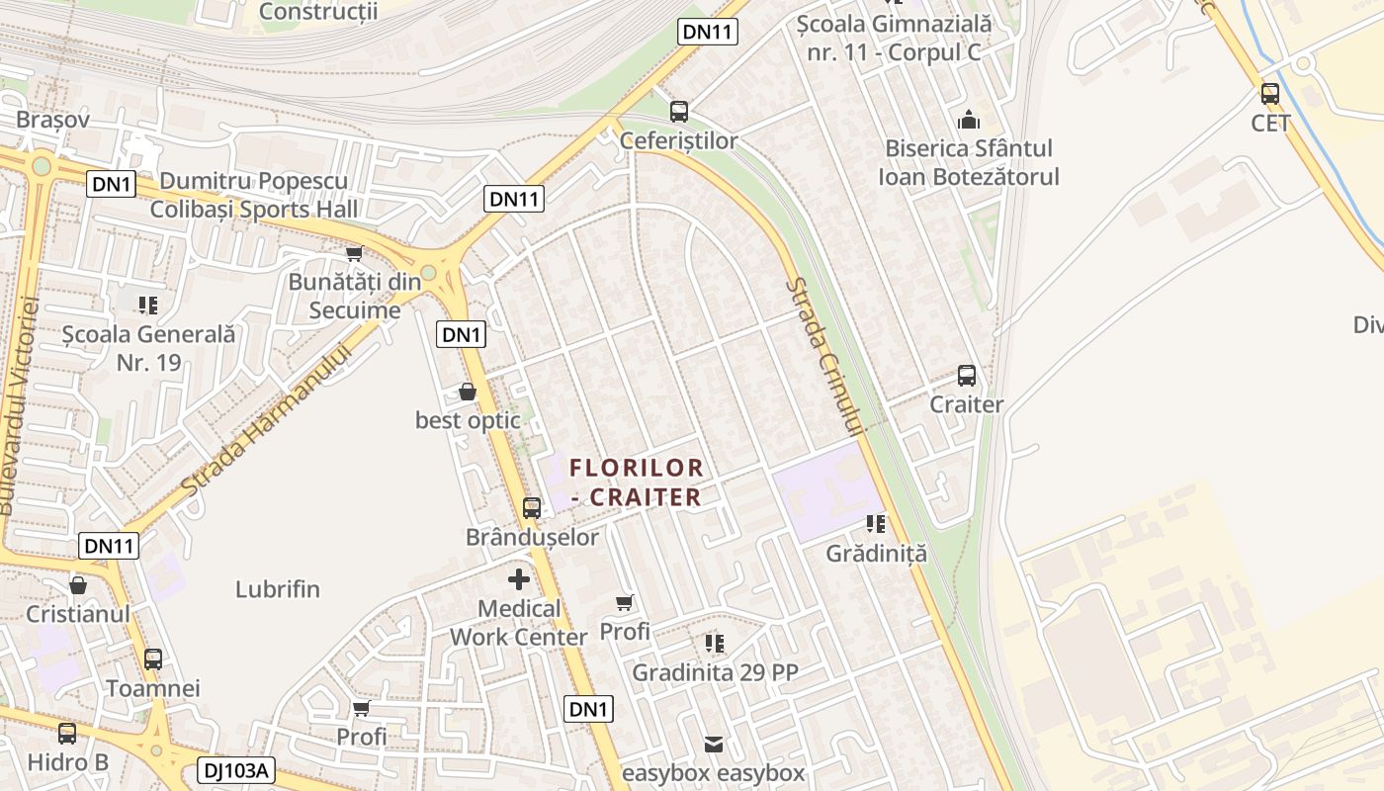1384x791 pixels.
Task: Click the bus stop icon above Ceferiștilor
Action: click(x=679, y=112)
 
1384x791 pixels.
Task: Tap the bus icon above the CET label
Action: click(x=1270, y=95)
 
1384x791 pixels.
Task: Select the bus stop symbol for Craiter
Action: click(x=967, y=377)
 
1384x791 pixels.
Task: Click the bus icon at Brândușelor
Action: click(x=532, y=508)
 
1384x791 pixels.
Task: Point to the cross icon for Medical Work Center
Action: click(x=519, y=579)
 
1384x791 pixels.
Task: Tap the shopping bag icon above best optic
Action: click(x=468, y=393)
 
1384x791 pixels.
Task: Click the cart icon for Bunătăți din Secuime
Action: click(x=354, y=254)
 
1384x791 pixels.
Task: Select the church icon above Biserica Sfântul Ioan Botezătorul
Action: click(x=969, y=121)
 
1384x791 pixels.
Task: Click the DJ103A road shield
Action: click(x=235, y=770)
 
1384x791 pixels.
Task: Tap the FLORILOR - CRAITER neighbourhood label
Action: click(x=637, y=482)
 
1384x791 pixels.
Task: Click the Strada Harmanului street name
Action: click(x=267, y=421)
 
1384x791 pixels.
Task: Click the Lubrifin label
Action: click(x=278, y=589)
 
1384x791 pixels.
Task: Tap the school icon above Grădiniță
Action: click(x=876, y=524)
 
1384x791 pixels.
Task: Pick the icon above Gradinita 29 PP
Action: click(x=715, y=644)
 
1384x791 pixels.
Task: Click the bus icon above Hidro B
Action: click(x=67, y=734)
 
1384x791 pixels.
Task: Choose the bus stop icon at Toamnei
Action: click(x=153, y=659)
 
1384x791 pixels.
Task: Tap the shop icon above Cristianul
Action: click(x=78, y=585)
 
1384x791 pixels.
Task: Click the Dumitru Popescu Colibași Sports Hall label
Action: click(x=254, y=195)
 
